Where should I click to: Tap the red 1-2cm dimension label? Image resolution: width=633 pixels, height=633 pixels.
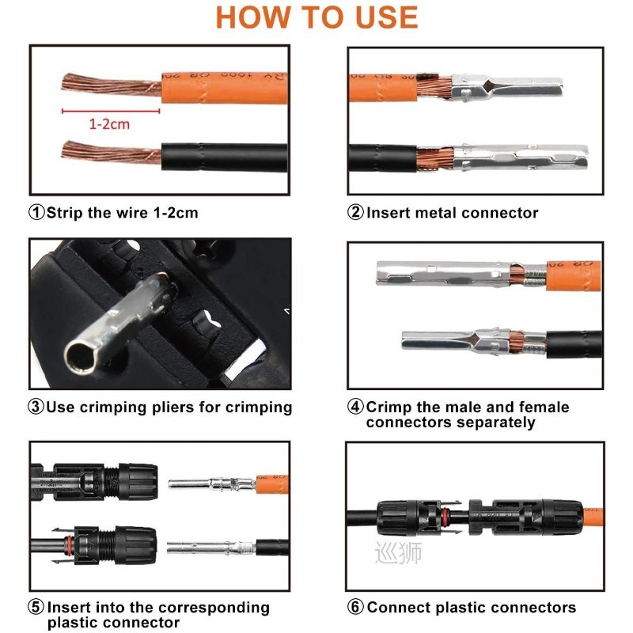pos(109,124)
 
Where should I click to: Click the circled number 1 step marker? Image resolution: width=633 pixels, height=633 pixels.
pos(37,213)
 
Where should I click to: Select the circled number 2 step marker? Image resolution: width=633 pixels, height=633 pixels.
pos(356,213)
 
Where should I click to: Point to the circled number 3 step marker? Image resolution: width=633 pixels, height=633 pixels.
pos(37,407)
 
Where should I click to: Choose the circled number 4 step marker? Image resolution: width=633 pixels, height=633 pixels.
pos(356,407)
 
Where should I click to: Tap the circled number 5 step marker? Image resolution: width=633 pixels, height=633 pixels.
pos(37,608)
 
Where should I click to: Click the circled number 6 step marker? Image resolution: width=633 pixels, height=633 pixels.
pos(356,608)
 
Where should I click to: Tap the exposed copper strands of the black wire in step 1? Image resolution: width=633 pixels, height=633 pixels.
pos(111,150)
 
